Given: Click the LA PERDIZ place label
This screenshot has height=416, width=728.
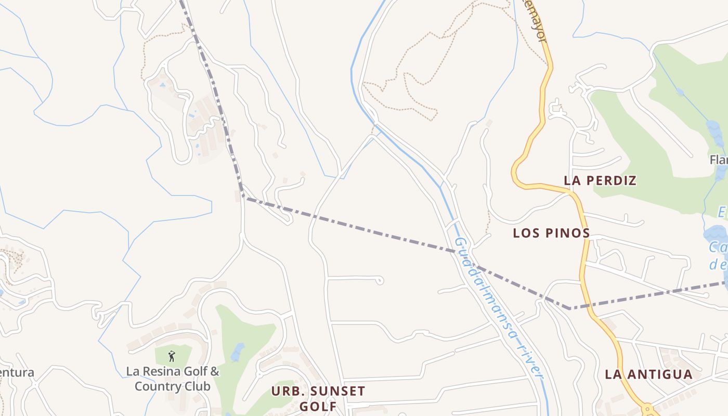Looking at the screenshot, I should point(600,181).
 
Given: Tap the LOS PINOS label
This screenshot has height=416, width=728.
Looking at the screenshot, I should point(551,233).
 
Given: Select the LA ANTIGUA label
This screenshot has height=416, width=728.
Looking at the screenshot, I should point(648,374).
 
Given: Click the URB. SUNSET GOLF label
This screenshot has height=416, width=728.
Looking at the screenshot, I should point(318,398).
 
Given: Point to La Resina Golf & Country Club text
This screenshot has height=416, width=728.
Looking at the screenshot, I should point(173,379).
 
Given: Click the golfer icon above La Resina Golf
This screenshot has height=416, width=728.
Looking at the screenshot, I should point(172,357).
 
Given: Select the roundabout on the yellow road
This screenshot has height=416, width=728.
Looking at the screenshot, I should point(648,410).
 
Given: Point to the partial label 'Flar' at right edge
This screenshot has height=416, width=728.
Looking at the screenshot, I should point(719,160).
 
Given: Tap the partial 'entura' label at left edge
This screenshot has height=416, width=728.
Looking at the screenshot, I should point(17,373).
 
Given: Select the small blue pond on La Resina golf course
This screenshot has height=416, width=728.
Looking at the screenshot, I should point(238,352).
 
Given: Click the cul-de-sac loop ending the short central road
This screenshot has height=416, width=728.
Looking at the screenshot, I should point(380,280).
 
